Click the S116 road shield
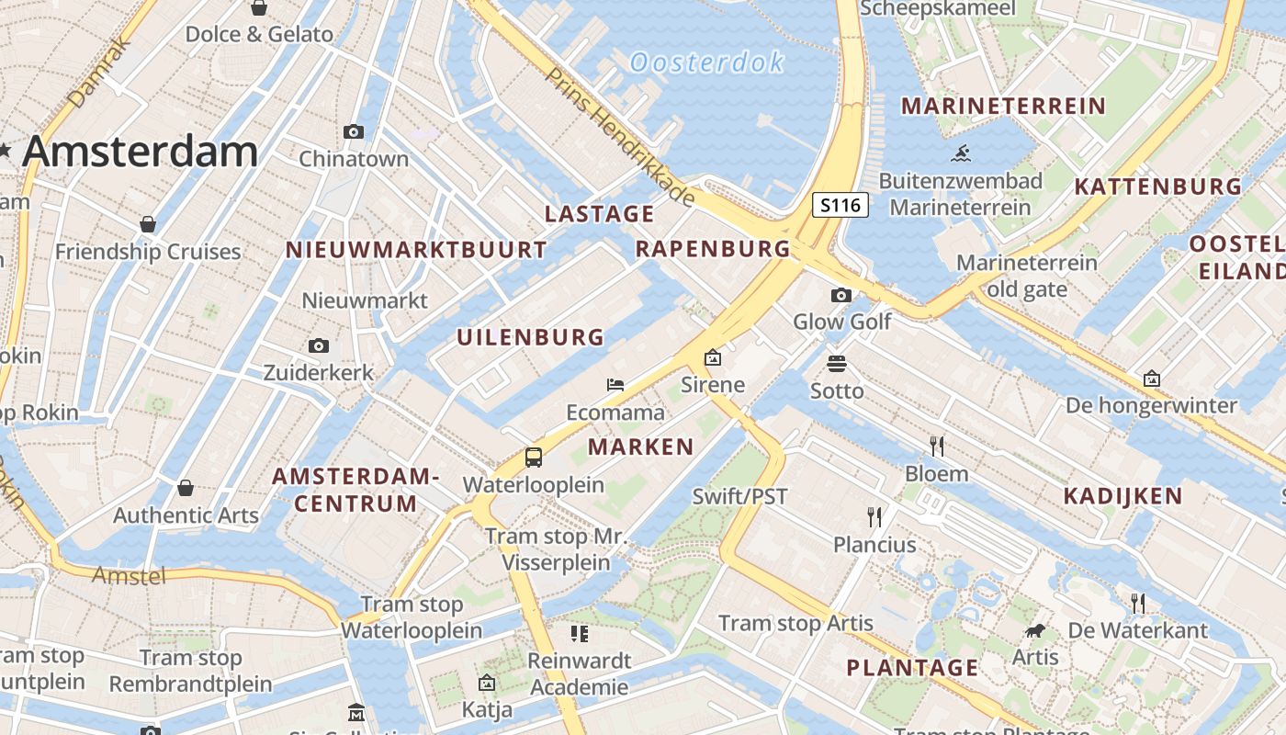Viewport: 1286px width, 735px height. [840, 205]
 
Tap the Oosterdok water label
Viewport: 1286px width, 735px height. [706, 62]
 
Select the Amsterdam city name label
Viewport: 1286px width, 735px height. [140, 152]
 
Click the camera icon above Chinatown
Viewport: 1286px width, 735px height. [354, 132]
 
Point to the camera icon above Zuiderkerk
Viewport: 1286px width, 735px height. [319, 346]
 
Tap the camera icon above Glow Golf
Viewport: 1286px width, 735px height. [840, 295]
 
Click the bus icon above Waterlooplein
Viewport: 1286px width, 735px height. [534, 457]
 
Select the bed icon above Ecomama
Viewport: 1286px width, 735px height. [615, 385]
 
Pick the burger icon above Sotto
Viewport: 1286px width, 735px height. [836, 364]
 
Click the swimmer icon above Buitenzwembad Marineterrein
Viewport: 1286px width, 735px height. [961, 153]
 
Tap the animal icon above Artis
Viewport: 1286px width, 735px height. [1035, 631]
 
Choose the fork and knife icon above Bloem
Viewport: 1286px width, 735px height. [937, 447]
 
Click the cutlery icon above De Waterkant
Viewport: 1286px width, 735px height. [1138, 603]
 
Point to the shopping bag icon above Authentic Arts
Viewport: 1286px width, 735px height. [186, 488]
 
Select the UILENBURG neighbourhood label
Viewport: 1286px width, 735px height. [531, 337]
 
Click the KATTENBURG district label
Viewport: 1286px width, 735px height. [1157, 187]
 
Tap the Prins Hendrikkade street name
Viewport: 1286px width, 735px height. [621, 136]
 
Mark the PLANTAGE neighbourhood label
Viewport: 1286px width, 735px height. [912, 667]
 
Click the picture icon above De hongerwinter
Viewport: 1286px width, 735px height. [1151, 379]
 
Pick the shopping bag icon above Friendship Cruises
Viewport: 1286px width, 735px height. [148, 224]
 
